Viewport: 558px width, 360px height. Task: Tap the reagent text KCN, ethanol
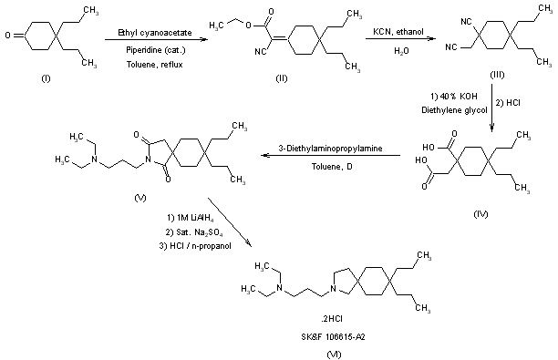398,32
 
